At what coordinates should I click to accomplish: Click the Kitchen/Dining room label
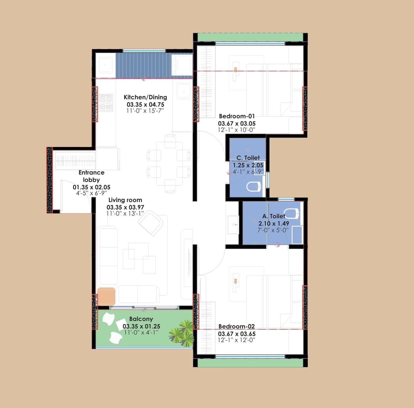[145, 97]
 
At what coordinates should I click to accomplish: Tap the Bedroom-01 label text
[237, 116]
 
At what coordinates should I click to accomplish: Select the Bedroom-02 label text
[236, 327]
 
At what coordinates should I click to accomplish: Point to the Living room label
[125, 200]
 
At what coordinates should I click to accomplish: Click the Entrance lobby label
[91, 176]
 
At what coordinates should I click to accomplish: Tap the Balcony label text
[141, 319]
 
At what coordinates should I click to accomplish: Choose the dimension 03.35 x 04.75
[145, 104]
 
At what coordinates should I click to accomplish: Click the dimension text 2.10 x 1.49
[274, 223]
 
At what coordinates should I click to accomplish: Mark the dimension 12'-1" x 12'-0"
[236, 340]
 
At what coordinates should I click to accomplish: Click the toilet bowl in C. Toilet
[254, 187]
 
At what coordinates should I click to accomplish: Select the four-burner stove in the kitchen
[106, 103]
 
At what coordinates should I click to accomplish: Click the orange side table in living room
[106, 296]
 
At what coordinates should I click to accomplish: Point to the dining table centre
[169, 164]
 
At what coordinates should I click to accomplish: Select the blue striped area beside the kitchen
[143, 65]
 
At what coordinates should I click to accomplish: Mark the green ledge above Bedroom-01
[251, 37]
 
